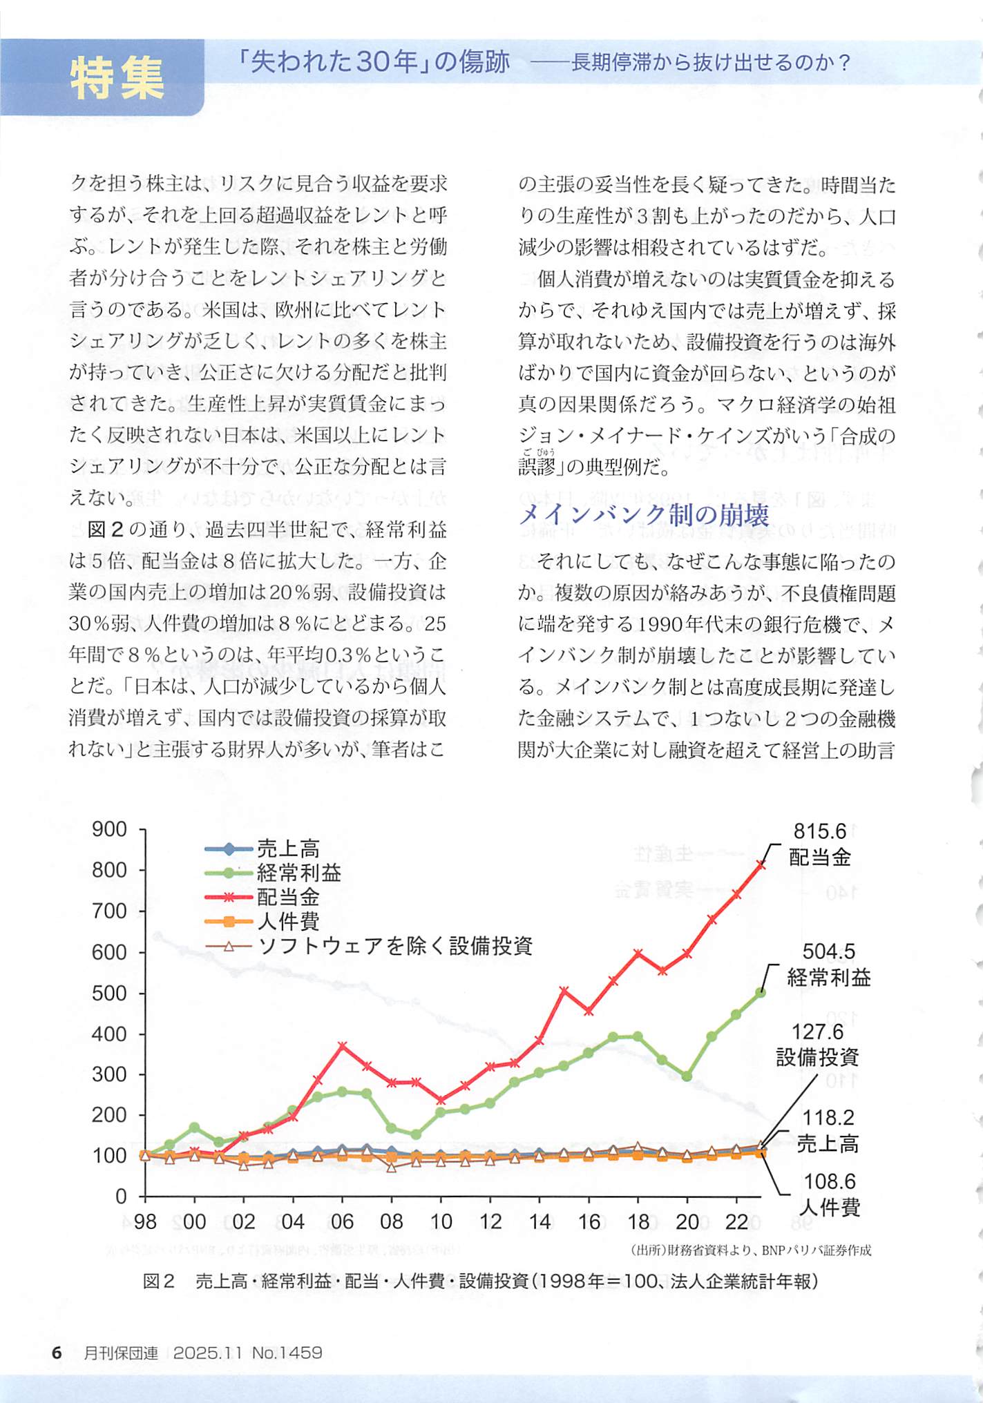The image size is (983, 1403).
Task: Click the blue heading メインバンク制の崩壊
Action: [x=643, y=514]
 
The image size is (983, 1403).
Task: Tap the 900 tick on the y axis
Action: [x=109, y=829]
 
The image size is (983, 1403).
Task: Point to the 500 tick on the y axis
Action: [x=109, y=993]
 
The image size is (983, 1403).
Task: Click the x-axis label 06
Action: [x=342, y=1222]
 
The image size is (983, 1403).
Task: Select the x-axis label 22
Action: [x=736, y=1222]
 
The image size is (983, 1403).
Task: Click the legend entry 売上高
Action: [x=288, y=849]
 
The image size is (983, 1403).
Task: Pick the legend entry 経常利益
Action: [x=298, y=873]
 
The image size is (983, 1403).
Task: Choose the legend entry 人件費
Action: [x=288, y=921]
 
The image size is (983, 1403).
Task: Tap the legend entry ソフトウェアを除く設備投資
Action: [x=394, y=945]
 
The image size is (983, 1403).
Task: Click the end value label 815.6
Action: [x=819, y=831]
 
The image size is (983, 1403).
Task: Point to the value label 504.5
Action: [x=828, y=952]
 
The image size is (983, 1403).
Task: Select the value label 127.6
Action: [x=817, y=1032]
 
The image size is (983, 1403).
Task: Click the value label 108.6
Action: [x=829, y=1181]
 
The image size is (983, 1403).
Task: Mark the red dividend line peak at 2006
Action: [x=343, y=1046]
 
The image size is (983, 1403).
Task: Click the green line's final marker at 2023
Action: [x=761, y=992]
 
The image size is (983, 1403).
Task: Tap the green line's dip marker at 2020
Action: [x=687, y=1076]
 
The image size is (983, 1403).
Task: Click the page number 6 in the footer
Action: [x=57, y=1353]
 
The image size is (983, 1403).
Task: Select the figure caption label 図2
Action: [x=159, y=1281]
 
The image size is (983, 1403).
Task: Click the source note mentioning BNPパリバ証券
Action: [x=750, y=1250]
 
